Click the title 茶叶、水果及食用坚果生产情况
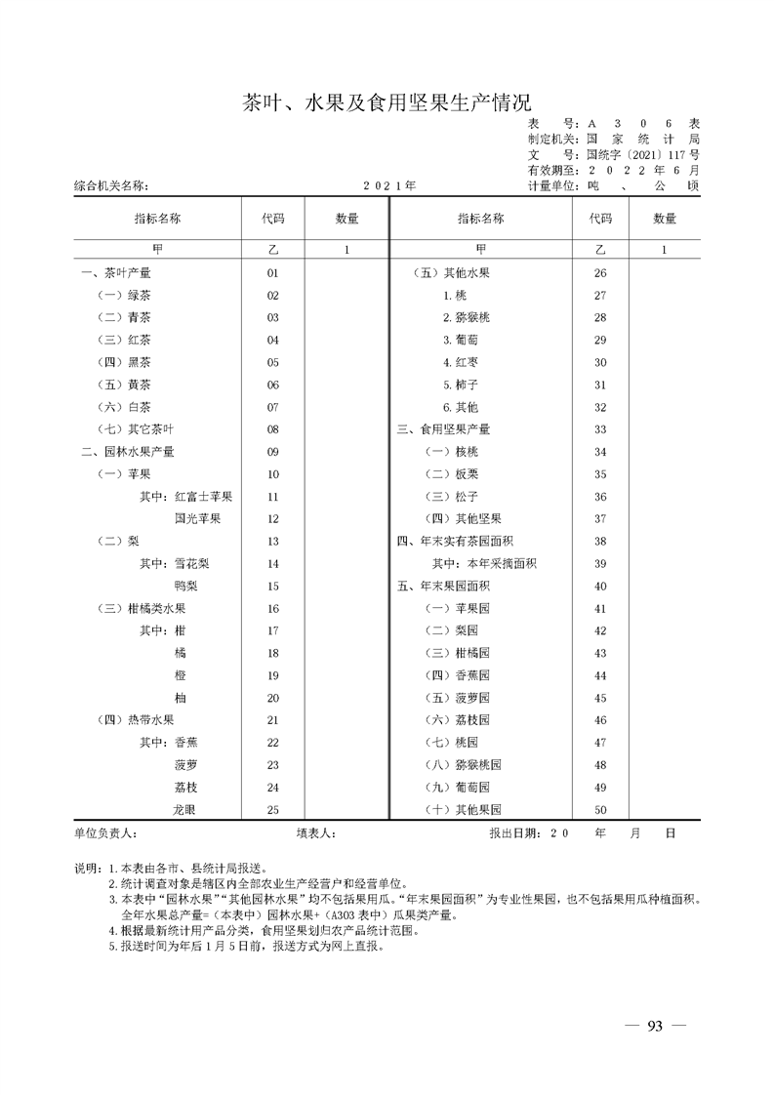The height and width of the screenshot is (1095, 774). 387,103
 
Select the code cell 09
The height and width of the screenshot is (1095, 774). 273,452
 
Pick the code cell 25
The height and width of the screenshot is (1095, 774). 273,810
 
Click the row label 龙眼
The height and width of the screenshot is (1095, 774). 186,810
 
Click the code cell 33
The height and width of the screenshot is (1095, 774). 600,429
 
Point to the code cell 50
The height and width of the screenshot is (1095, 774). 600,810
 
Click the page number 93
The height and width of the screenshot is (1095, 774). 655,1026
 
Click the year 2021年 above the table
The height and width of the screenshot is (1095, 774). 389,184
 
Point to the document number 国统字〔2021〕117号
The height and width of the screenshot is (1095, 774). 642,154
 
